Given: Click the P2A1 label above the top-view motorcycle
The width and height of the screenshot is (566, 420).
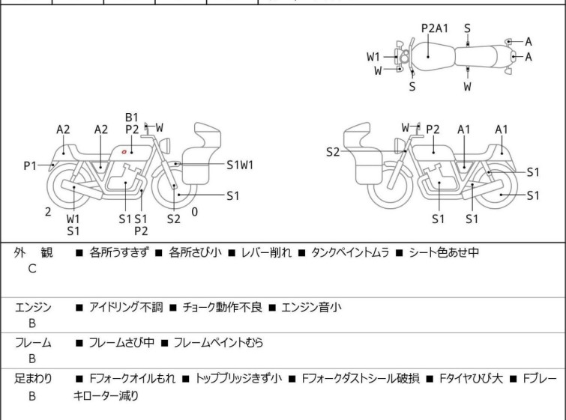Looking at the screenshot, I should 434,28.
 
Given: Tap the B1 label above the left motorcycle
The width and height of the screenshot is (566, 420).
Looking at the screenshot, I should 132,117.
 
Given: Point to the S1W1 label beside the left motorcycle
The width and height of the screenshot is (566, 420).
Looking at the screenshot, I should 240,165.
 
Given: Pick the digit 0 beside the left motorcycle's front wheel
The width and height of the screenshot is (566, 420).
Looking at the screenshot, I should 195,212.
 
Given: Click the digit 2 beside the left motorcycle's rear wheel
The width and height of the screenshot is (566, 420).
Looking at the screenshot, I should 48,212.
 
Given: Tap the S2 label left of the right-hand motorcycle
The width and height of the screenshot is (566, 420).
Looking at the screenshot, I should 333,152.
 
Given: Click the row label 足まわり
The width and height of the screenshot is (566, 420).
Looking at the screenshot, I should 33,379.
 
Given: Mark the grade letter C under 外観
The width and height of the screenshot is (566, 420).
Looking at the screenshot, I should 32,269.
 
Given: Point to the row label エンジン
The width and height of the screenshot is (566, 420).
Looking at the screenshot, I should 33,307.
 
